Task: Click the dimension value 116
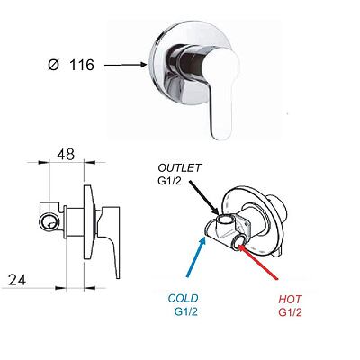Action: (82, 65)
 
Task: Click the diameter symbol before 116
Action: (54, 65)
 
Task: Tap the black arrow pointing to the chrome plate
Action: (125, 65)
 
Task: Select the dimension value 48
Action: (66, 155)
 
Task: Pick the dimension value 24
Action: (17, 280)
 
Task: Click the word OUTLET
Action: (180, 168)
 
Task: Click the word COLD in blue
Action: (183, 299)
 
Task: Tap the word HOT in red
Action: (290, 299)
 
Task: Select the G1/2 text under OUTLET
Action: (170, 181)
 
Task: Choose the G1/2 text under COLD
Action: (186, 311)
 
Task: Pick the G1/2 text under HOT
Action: (290, 312)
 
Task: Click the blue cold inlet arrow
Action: (196, 256)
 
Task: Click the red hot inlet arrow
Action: (258, 262)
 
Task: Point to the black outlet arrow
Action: (203, 196)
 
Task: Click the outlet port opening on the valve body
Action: (224, 220)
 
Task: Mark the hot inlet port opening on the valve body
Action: (238, 241)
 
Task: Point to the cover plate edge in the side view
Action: (89, 222)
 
